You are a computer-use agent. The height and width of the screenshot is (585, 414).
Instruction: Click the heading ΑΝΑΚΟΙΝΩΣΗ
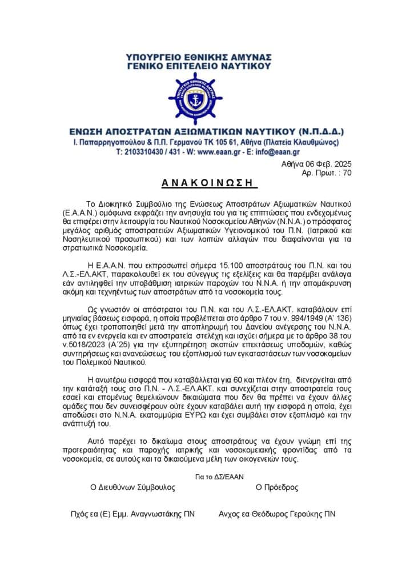(x=207, y=183)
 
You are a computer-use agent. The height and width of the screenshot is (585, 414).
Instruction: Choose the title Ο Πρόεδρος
(x=277, y=488)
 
